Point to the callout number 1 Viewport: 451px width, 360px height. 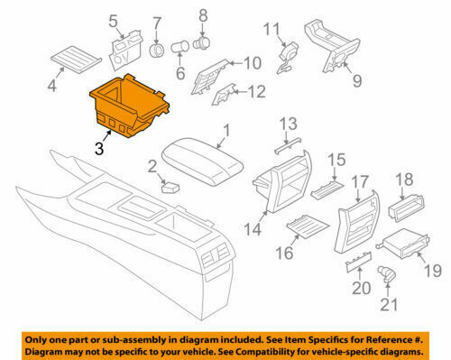tap(226, 132)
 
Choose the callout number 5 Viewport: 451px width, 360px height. tap(114, 21)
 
